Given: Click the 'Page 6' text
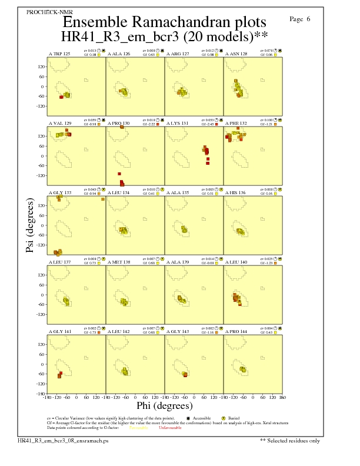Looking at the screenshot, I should click(301, 19).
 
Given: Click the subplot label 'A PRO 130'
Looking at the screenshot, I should click(118, 123).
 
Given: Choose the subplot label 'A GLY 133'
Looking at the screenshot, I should click(59, 192).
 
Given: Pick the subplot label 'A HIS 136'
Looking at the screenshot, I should click(236, 192).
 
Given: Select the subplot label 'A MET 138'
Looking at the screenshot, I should click(118, 262).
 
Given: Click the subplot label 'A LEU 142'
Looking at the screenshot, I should click(118, 332).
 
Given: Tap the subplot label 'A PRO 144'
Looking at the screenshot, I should click(236, 332).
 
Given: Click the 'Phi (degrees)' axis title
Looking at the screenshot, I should click(165, 405).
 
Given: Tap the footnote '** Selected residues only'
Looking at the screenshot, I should click(291, 440).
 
